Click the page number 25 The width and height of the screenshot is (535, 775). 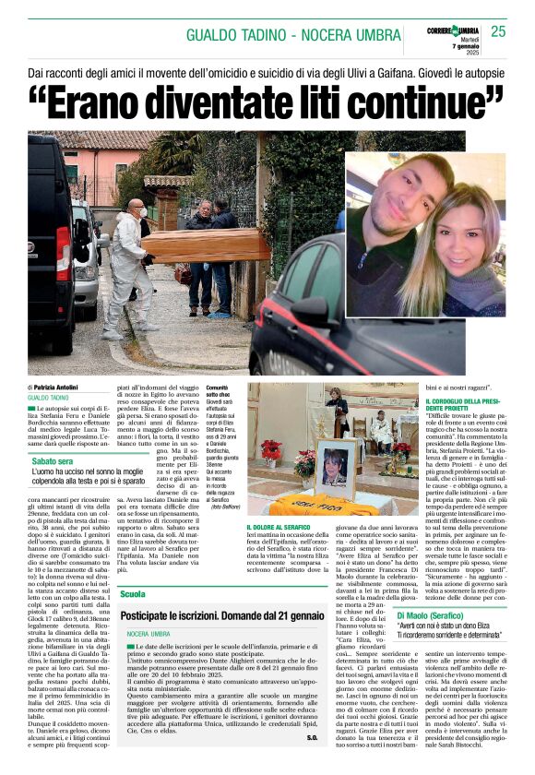pos(498,31)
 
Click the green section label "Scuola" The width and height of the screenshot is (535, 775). pos(133,594)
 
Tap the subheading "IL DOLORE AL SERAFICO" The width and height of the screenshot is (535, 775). pos(282,526)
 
